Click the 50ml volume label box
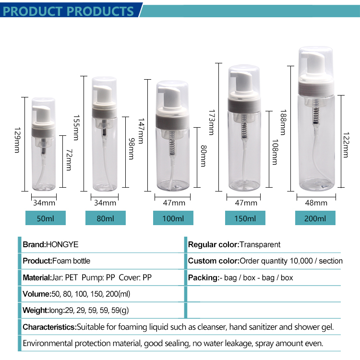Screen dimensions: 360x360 click(46, 218)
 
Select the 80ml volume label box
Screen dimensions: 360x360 click(106, 218)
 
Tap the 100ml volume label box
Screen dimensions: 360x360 click(173, 218)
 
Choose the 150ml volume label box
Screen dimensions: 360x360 click(245, 218)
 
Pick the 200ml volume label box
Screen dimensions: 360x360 click(315, 218)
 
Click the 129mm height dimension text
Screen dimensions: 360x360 click(17, 140)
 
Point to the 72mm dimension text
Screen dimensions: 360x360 click(69, 160)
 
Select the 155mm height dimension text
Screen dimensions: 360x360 click(76, 128)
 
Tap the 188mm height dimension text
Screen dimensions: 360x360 click(283, 122)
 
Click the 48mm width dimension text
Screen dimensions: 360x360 click(316, 203)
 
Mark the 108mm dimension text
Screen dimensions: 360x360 click(275, 152)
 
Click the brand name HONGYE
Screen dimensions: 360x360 click(62, 244)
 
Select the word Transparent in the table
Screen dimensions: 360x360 click(260, 245)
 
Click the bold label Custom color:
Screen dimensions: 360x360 click(214, 261)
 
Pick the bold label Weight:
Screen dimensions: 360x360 click(36, 311)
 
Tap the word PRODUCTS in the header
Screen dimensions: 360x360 click(101, 11)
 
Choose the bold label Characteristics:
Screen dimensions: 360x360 click(49, 327)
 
